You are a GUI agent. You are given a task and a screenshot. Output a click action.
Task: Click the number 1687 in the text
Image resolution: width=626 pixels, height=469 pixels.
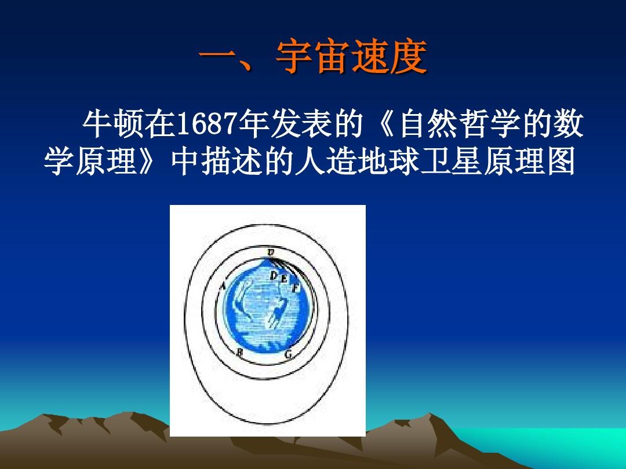point(206,124)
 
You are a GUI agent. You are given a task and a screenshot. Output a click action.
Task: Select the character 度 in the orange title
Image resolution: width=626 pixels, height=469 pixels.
point(408,57)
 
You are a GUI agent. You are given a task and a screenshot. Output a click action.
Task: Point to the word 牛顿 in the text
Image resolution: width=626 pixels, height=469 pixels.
point(113,124)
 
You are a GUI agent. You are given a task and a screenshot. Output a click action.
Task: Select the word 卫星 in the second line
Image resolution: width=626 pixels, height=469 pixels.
point(451,162)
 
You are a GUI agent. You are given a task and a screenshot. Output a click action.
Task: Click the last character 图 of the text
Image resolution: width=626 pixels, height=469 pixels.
point(561,162)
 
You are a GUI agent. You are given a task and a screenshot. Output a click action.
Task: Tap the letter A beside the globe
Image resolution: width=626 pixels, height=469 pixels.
point(223,285)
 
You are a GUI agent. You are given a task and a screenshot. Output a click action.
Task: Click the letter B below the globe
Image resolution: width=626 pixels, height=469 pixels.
point(240,352)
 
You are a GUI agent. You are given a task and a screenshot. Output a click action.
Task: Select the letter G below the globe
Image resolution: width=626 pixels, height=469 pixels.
point(289,354)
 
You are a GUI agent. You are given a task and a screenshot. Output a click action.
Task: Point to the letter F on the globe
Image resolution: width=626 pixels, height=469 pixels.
point(296,288)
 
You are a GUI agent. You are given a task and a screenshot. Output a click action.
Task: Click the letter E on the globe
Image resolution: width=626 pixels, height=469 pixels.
point(284,279)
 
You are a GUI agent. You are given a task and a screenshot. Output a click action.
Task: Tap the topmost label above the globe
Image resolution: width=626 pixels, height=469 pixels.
point(271,252)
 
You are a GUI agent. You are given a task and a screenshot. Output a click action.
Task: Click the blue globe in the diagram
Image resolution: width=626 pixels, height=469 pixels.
point(267,306)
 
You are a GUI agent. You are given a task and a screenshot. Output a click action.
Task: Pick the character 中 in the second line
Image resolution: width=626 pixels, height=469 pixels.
point(185,162)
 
